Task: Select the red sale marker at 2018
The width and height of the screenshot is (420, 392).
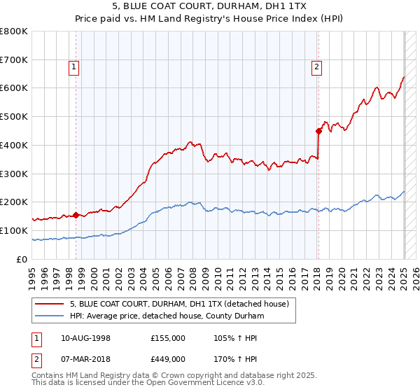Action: [318, 130]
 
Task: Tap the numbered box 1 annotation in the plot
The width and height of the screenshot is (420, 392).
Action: [74, 67]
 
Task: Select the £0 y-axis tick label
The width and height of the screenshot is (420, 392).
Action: [23, 259]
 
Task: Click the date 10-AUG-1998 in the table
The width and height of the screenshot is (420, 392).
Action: [85, 338]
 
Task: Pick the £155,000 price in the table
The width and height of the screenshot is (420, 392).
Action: [168, 338]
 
